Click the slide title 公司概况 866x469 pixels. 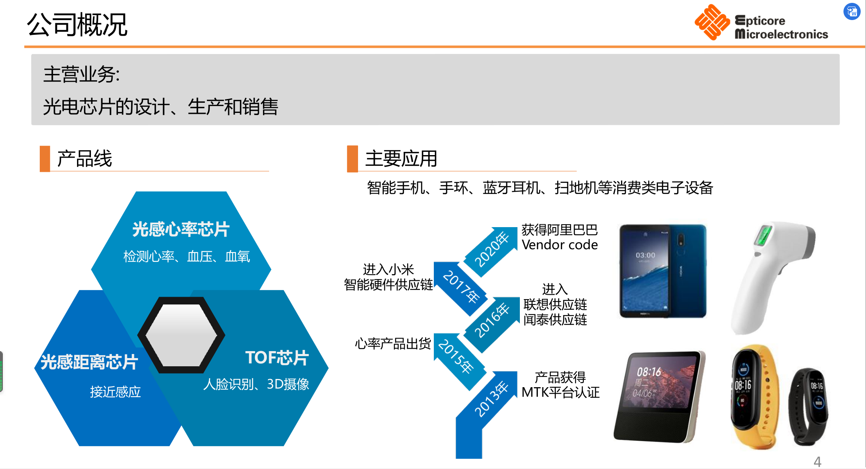[x=77, y=25]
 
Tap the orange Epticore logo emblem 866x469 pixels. [x=712, y=22]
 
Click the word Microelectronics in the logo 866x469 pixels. [x=782, y=34]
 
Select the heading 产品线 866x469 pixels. [x=84, y=158]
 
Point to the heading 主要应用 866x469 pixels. [x=401, y=158]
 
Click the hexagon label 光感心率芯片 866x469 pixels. [x=181, y=229]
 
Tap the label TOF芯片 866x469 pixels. [x=277, y=358]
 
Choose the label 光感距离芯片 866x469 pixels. [x=89, y=362]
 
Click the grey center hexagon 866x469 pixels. [x=181, y=335]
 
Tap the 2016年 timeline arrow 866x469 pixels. [x=491, y=322]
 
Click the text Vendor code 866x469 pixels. [x=560, y=245]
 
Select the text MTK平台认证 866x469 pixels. [x=560, y=392]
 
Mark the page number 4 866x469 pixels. [x=817, y=462]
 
